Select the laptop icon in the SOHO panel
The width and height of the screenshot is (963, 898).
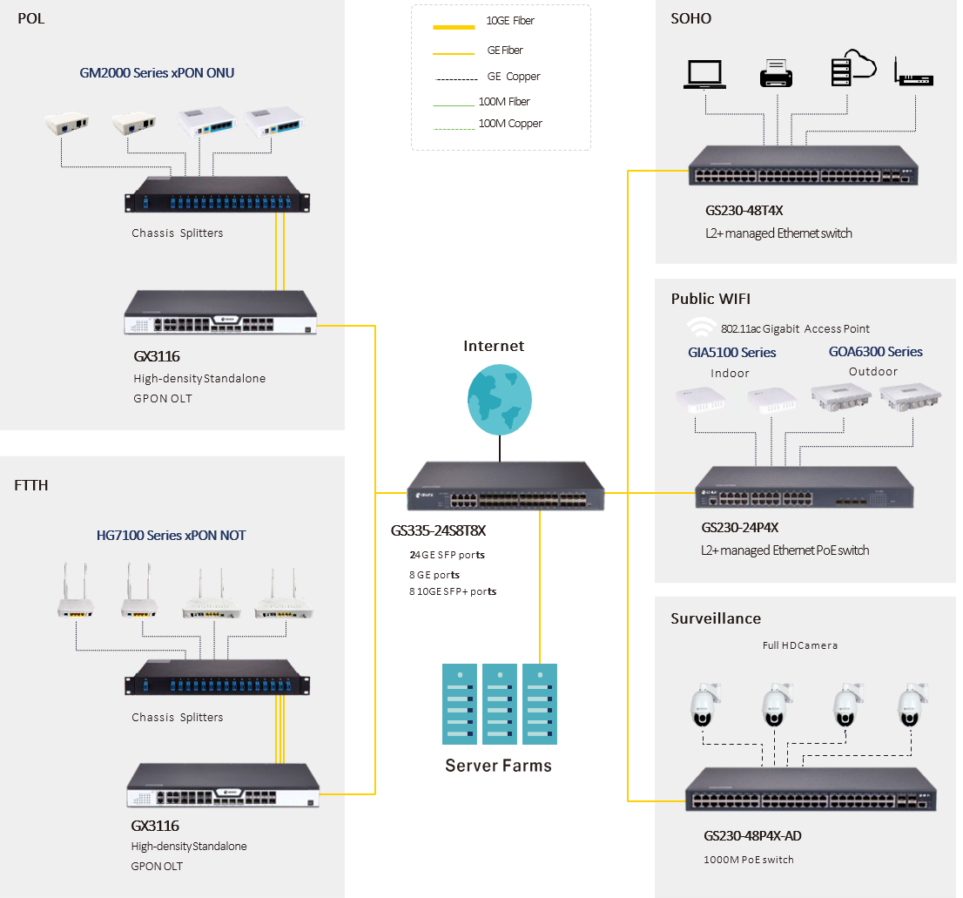click(704, 74)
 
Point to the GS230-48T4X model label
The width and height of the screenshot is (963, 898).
click(738, 211)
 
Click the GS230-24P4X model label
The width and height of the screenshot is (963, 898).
click(739, 528)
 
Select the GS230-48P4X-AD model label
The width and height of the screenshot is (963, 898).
click(752, 836)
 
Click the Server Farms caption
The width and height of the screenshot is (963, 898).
click(498, 766)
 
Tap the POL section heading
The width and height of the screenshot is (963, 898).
click(30, 19)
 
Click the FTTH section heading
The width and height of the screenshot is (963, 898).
click(31, 485)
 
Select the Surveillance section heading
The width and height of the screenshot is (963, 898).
click(716, 618)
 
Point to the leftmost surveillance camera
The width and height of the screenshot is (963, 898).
click(703, 706)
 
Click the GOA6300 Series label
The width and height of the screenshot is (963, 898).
click(875, 352)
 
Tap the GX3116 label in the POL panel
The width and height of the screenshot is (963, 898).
click(156, 358)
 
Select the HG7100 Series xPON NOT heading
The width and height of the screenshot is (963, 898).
click(171, 536)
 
